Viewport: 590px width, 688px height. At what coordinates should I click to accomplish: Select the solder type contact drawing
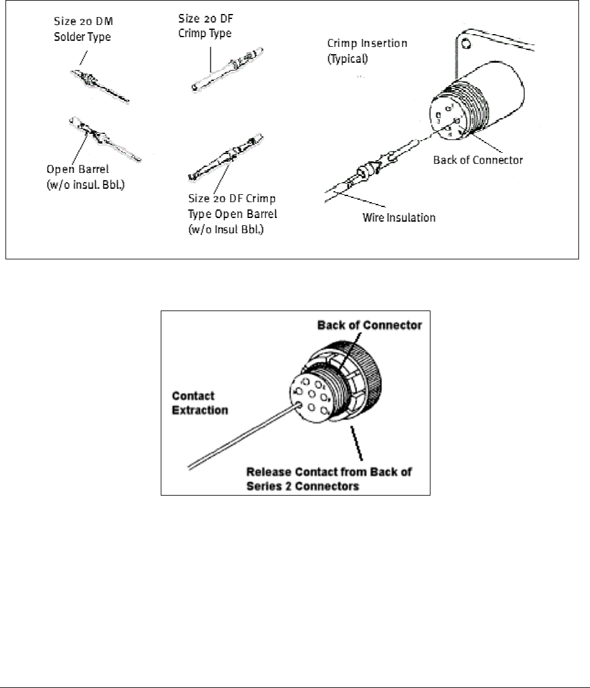point(99,86)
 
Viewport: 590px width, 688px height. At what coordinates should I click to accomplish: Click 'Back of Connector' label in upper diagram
point(477,160)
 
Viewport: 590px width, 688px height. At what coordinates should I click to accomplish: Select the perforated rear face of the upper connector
point(449,116)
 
